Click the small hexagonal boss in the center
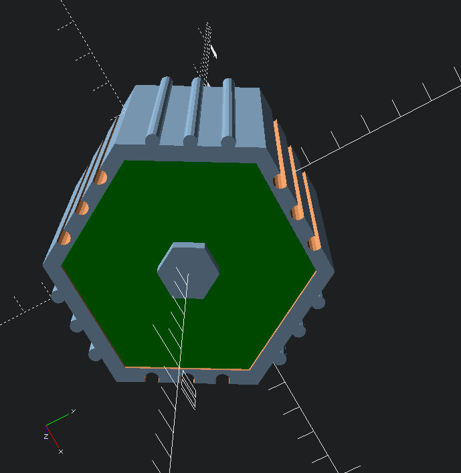pyautogui.click(x=188, y=270)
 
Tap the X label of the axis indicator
pyautogui.click(x=61, y=452)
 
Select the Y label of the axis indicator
pyautogui.click(x=73, y=411)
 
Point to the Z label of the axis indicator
pyautogui.click(x=46, y=436)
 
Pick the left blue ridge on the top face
pyautogui.click(x=159, y=111)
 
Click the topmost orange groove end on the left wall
pyautogui.click(x=100, y=177)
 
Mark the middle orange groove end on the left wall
pyautogui.click(x=82, y=207)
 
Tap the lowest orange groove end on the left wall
pyautogui.click(x=64, y=238)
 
